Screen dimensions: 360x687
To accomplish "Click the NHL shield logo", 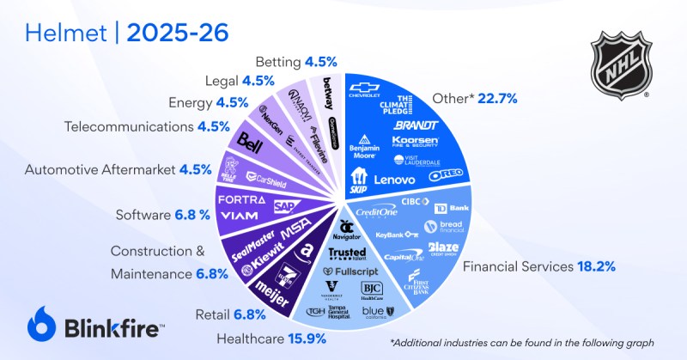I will [625, 64].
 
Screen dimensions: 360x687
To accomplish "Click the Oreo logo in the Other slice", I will [446, 178].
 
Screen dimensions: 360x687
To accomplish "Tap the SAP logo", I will [286, 206].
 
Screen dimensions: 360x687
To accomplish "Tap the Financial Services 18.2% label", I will [539, 266].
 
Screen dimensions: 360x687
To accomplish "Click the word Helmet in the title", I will [61, 33].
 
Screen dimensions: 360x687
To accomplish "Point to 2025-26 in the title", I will [176, 33].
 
